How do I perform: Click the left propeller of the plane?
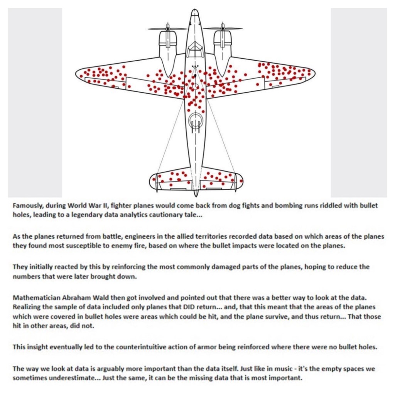click(x=167, y=28)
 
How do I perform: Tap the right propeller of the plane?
click(x=223, y=28)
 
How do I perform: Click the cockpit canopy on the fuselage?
click(x=195, y=49)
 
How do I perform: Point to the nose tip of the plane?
click(x=195, y=12)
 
